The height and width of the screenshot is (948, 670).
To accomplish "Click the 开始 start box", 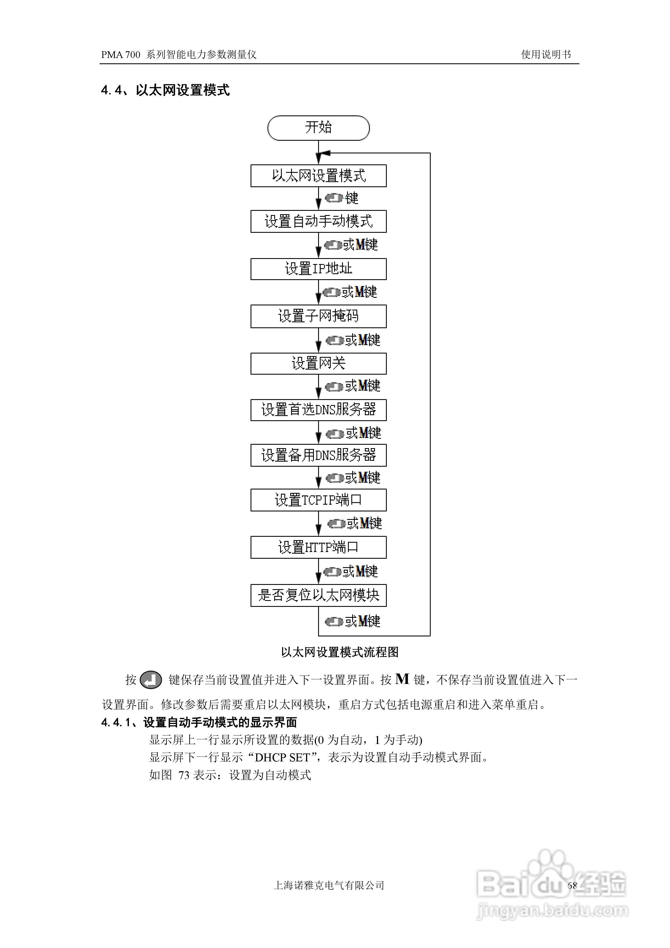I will pos(318,128).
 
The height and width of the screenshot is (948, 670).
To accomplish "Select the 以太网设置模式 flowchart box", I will pos(318,176).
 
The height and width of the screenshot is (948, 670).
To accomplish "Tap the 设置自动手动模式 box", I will pos(318,221).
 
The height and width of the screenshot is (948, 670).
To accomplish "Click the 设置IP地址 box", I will pos(318,269).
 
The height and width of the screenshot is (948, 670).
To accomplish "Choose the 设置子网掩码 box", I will pos(318,316).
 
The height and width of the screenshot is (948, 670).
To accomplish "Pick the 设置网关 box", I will pos(318,363).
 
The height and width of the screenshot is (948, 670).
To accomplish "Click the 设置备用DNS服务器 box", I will pos(318,455).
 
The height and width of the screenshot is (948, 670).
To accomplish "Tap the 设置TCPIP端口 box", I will pos(318,500).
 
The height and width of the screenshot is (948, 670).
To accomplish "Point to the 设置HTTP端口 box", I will pos(318,547).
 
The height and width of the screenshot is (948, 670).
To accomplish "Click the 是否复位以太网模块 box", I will pos(318,595).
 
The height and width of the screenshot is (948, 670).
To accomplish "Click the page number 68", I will pos(572,885).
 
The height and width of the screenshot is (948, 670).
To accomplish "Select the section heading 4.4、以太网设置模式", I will pos(165,90).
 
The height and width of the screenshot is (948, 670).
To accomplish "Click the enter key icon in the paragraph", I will pos(151,680).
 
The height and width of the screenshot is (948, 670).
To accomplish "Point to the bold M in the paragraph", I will pos(402,679).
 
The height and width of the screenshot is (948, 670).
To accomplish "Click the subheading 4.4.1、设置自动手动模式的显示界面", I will pos(199,722).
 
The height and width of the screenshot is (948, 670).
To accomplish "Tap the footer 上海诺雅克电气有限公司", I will pos(329,885).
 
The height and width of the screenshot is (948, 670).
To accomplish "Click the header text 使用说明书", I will pos(546,55).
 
